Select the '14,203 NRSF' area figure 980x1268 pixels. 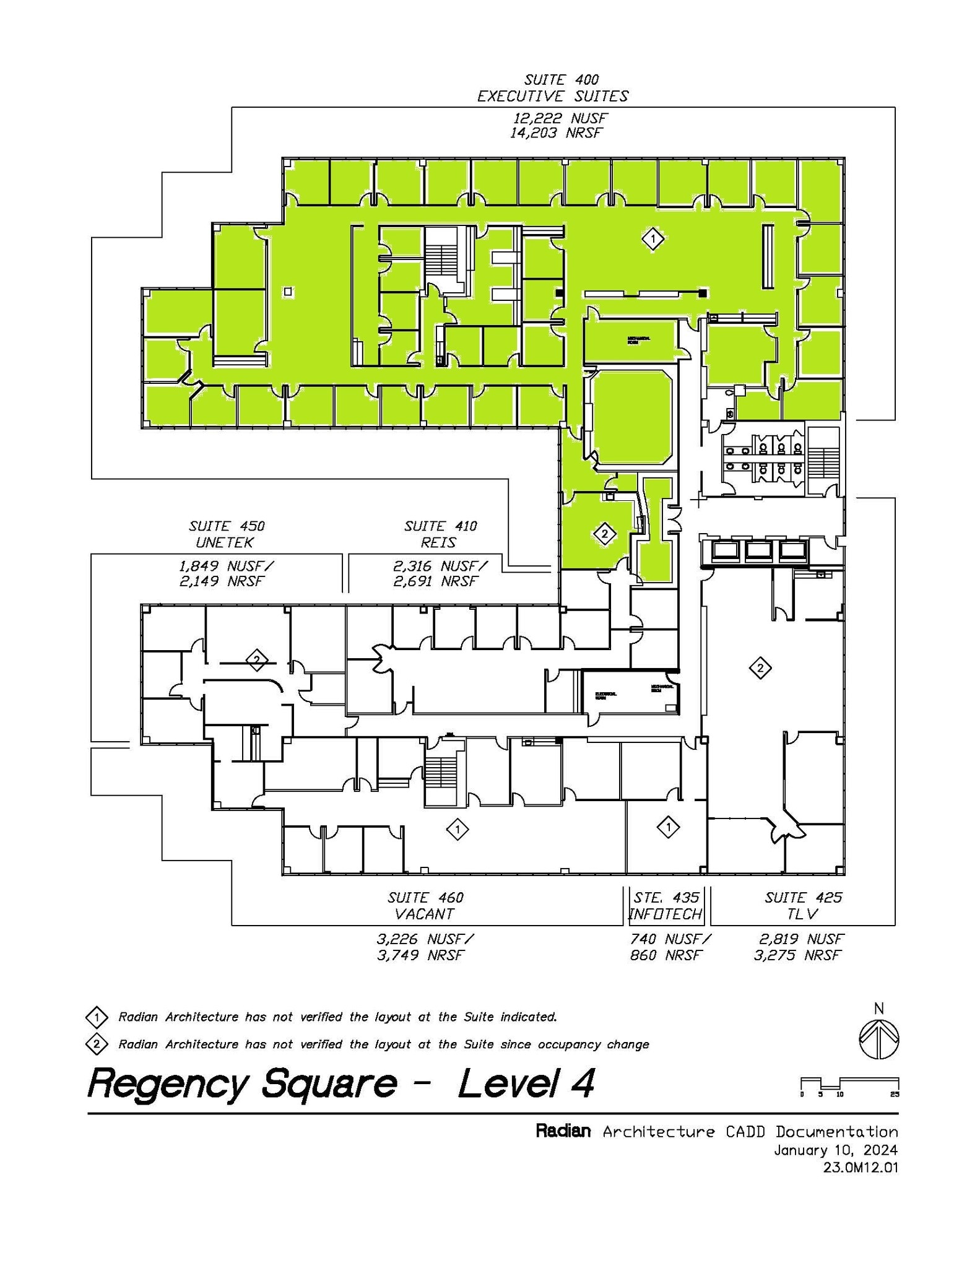click(x=555, y=132)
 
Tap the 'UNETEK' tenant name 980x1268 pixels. click(x=224, y=542)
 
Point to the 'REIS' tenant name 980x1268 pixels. click(x=440, y=542)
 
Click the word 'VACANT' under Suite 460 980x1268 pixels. click(x=424, y=914)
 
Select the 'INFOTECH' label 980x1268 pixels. click(x=665, y=914)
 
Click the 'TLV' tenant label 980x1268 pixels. click(x=803, y=914)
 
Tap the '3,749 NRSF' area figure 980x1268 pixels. click(x=420, y=955)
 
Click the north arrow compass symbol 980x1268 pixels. click(x=878, y=1039)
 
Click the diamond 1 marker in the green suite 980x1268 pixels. click(x=653, y=238)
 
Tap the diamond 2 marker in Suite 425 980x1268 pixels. click(x=760, y=667)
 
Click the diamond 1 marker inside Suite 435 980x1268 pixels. click(x=668, y=826)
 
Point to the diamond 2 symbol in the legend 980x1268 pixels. click(x=97, y=1044)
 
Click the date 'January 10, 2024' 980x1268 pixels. click(x=835, y=1150)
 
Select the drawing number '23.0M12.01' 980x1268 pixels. click(x=860, y=1168)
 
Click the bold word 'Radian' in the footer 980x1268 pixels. click(x=563, y=1132)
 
